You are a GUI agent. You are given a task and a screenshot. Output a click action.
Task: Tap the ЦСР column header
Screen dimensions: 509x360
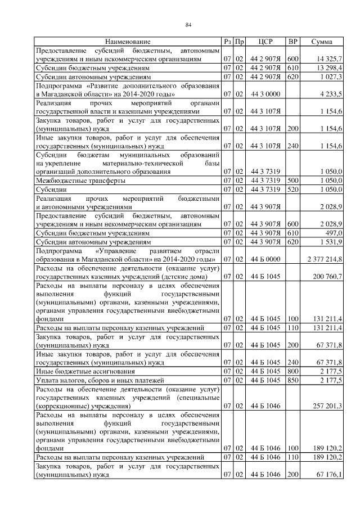tap(265, 42)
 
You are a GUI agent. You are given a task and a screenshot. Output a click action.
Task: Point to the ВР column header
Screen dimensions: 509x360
tap(292, 42)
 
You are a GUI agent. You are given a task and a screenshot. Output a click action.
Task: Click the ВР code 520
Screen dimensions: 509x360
tap(292, 190)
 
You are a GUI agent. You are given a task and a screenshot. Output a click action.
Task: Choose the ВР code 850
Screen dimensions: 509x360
tap(292, 381)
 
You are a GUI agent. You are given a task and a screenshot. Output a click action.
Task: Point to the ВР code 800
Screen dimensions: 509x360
tap(292, 372)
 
